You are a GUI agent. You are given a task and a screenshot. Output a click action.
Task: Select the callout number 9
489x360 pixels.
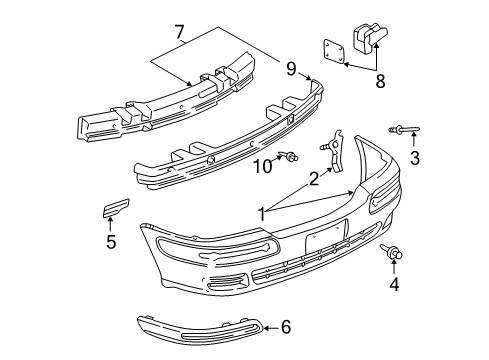291,69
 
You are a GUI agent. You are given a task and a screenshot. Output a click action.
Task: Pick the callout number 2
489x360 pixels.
314,178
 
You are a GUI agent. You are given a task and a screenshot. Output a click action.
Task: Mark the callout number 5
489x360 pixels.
111,241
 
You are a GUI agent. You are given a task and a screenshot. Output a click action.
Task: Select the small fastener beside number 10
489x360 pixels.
290,155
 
